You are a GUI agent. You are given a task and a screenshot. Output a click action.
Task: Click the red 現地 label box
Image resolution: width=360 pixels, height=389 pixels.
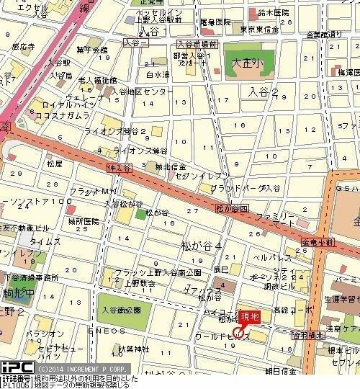[x=250, y=317]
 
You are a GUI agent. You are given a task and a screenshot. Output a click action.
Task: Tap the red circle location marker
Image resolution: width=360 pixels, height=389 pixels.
[x=238, y=333]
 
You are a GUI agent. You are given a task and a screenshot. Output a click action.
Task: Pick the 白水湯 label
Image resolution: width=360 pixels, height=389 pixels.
[x=157, y=74]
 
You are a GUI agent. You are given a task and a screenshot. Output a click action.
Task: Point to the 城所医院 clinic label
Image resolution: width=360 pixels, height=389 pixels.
[x=84, y=220]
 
